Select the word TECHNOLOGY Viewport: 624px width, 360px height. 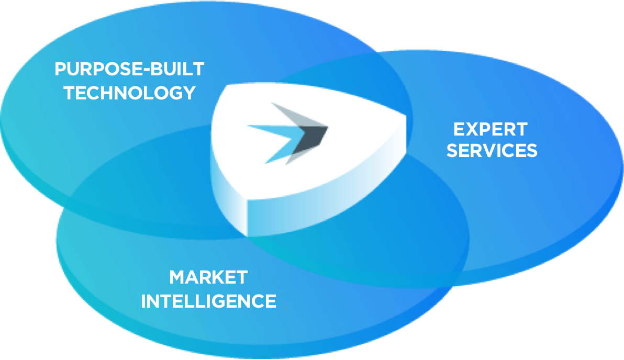click(130, 93)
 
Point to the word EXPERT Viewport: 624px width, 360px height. click(491, 130)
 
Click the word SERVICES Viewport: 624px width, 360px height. click(492, 150)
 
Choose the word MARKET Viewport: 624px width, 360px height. click(208, 277)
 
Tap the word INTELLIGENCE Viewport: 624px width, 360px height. click(208, 301)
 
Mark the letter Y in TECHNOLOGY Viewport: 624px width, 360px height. click(188, 93)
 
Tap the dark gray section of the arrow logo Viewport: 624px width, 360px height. click(312, 139)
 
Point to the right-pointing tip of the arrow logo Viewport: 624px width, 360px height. click(328, 127)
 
